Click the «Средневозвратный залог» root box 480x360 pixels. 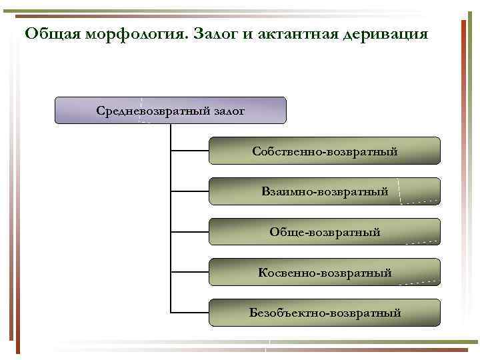pos(170,110)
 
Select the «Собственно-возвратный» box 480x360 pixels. pos(325,151)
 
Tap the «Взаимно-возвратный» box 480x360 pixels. pos(325,191)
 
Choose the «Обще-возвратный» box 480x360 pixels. pos(325,232)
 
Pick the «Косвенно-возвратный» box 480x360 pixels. pos(325,272)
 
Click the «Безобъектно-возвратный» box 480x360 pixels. pos(325,312)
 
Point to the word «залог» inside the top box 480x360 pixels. pos(229,110)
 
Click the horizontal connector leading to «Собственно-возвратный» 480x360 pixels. pos(190,151)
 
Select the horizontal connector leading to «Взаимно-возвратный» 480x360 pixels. pos(190,191)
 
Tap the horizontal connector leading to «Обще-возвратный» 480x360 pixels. pos(190,232)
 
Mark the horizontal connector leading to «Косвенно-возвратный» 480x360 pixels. pos(190,272)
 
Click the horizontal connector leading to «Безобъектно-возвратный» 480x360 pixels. pos(190,312)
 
